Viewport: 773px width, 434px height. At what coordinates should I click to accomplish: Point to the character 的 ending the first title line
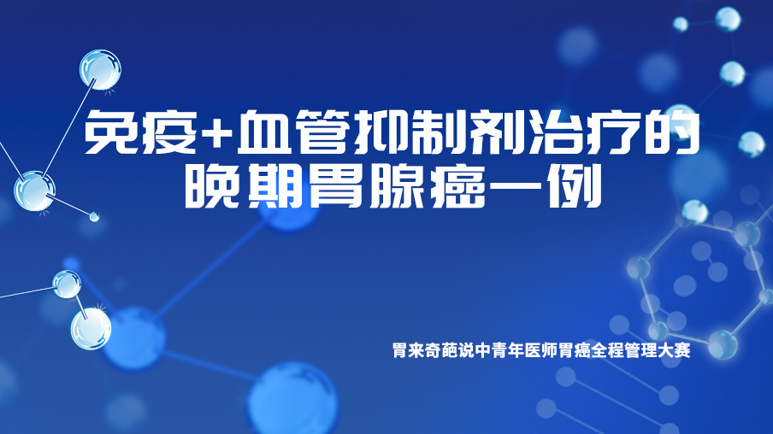[675, 131]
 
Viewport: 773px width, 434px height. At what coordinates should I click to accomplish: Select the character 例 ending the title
[575, 186]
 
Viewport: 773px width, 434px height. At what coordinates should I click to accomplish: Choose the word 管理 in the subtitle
[640, 350]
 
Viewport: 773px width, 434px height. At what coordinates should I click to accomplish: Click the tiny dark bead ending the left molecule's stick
[94, 216]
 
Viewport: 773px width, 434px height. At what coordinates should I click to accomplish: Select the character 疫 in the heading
[169, 131]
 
